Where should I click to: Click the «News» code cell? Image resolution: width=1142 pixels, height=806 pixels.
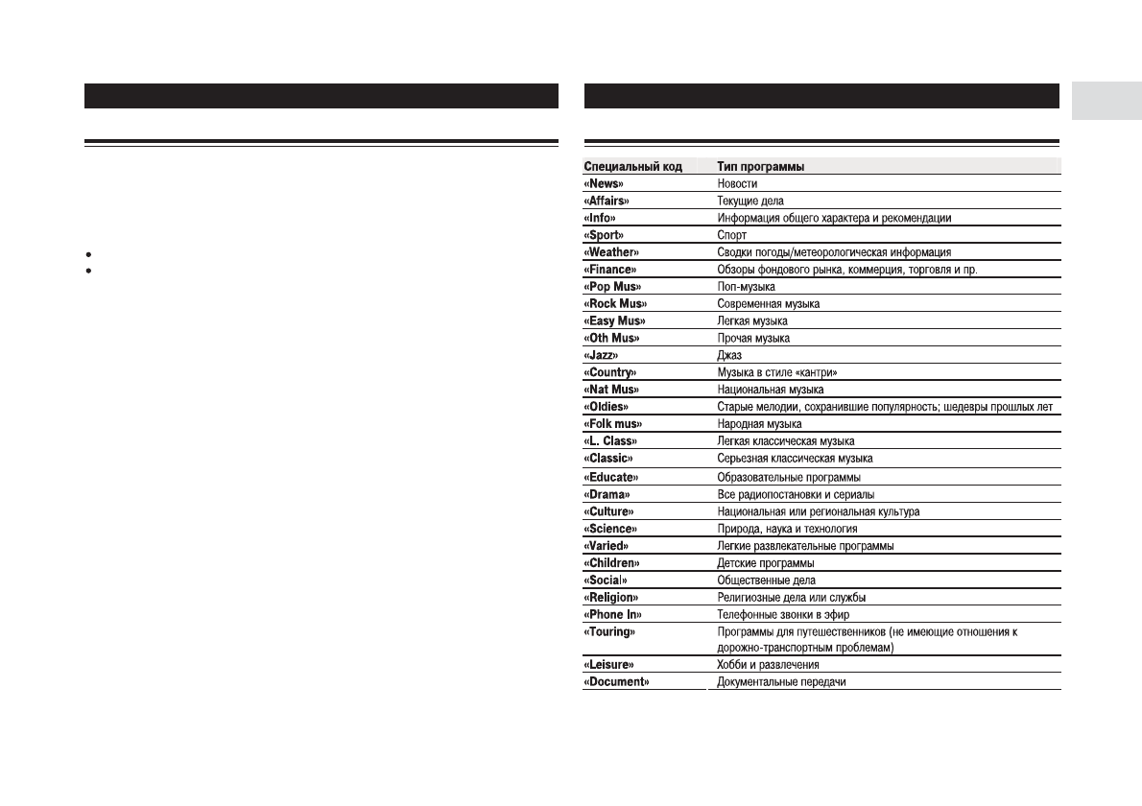[604, 183]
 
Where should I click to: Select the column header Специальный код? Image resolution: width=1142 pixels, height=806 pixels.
[632, 166]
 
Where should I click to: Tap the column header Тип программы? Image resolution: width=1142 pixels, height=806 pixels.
[761, 166]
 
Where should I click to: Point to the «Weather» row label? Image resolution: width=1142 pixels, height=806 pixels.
[611, 252]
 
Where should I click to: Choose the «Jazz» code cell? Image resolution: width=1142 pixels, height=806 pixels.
[601, 355]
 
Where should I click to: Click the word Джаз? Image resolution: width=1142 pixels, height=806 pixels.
[729, 355]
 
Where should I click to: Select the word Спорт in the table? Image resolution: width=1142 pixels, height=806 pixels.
[732, 235]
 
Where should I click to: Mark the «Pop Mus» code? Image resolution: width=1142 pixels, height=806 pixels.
[612, 287]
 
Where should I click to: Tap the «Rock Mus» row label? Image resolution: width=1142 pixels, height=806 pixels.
[615, 304]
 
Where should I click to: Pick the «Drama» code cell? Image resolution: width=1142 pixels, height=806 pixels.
[607, 494]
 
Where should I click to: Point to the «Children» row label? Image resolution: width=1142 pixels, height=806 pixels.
[612, 563]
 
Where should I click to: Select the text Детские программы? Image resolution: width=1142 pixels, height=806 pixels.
[766, 563]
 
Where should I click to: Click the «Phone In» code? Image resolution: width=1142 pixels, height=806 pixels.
[613, 615]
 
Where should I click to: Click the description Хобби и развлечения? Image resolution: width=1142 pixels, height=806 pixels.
[768, 664]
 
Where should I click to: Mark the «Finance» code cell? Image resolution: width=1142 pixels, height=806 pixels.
[610, 270]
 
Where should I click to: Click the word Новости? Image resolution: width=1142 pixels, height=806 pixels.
[738, 183]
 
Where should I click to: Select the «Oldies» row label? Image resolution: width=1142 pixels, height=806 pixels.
[607, 407]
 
